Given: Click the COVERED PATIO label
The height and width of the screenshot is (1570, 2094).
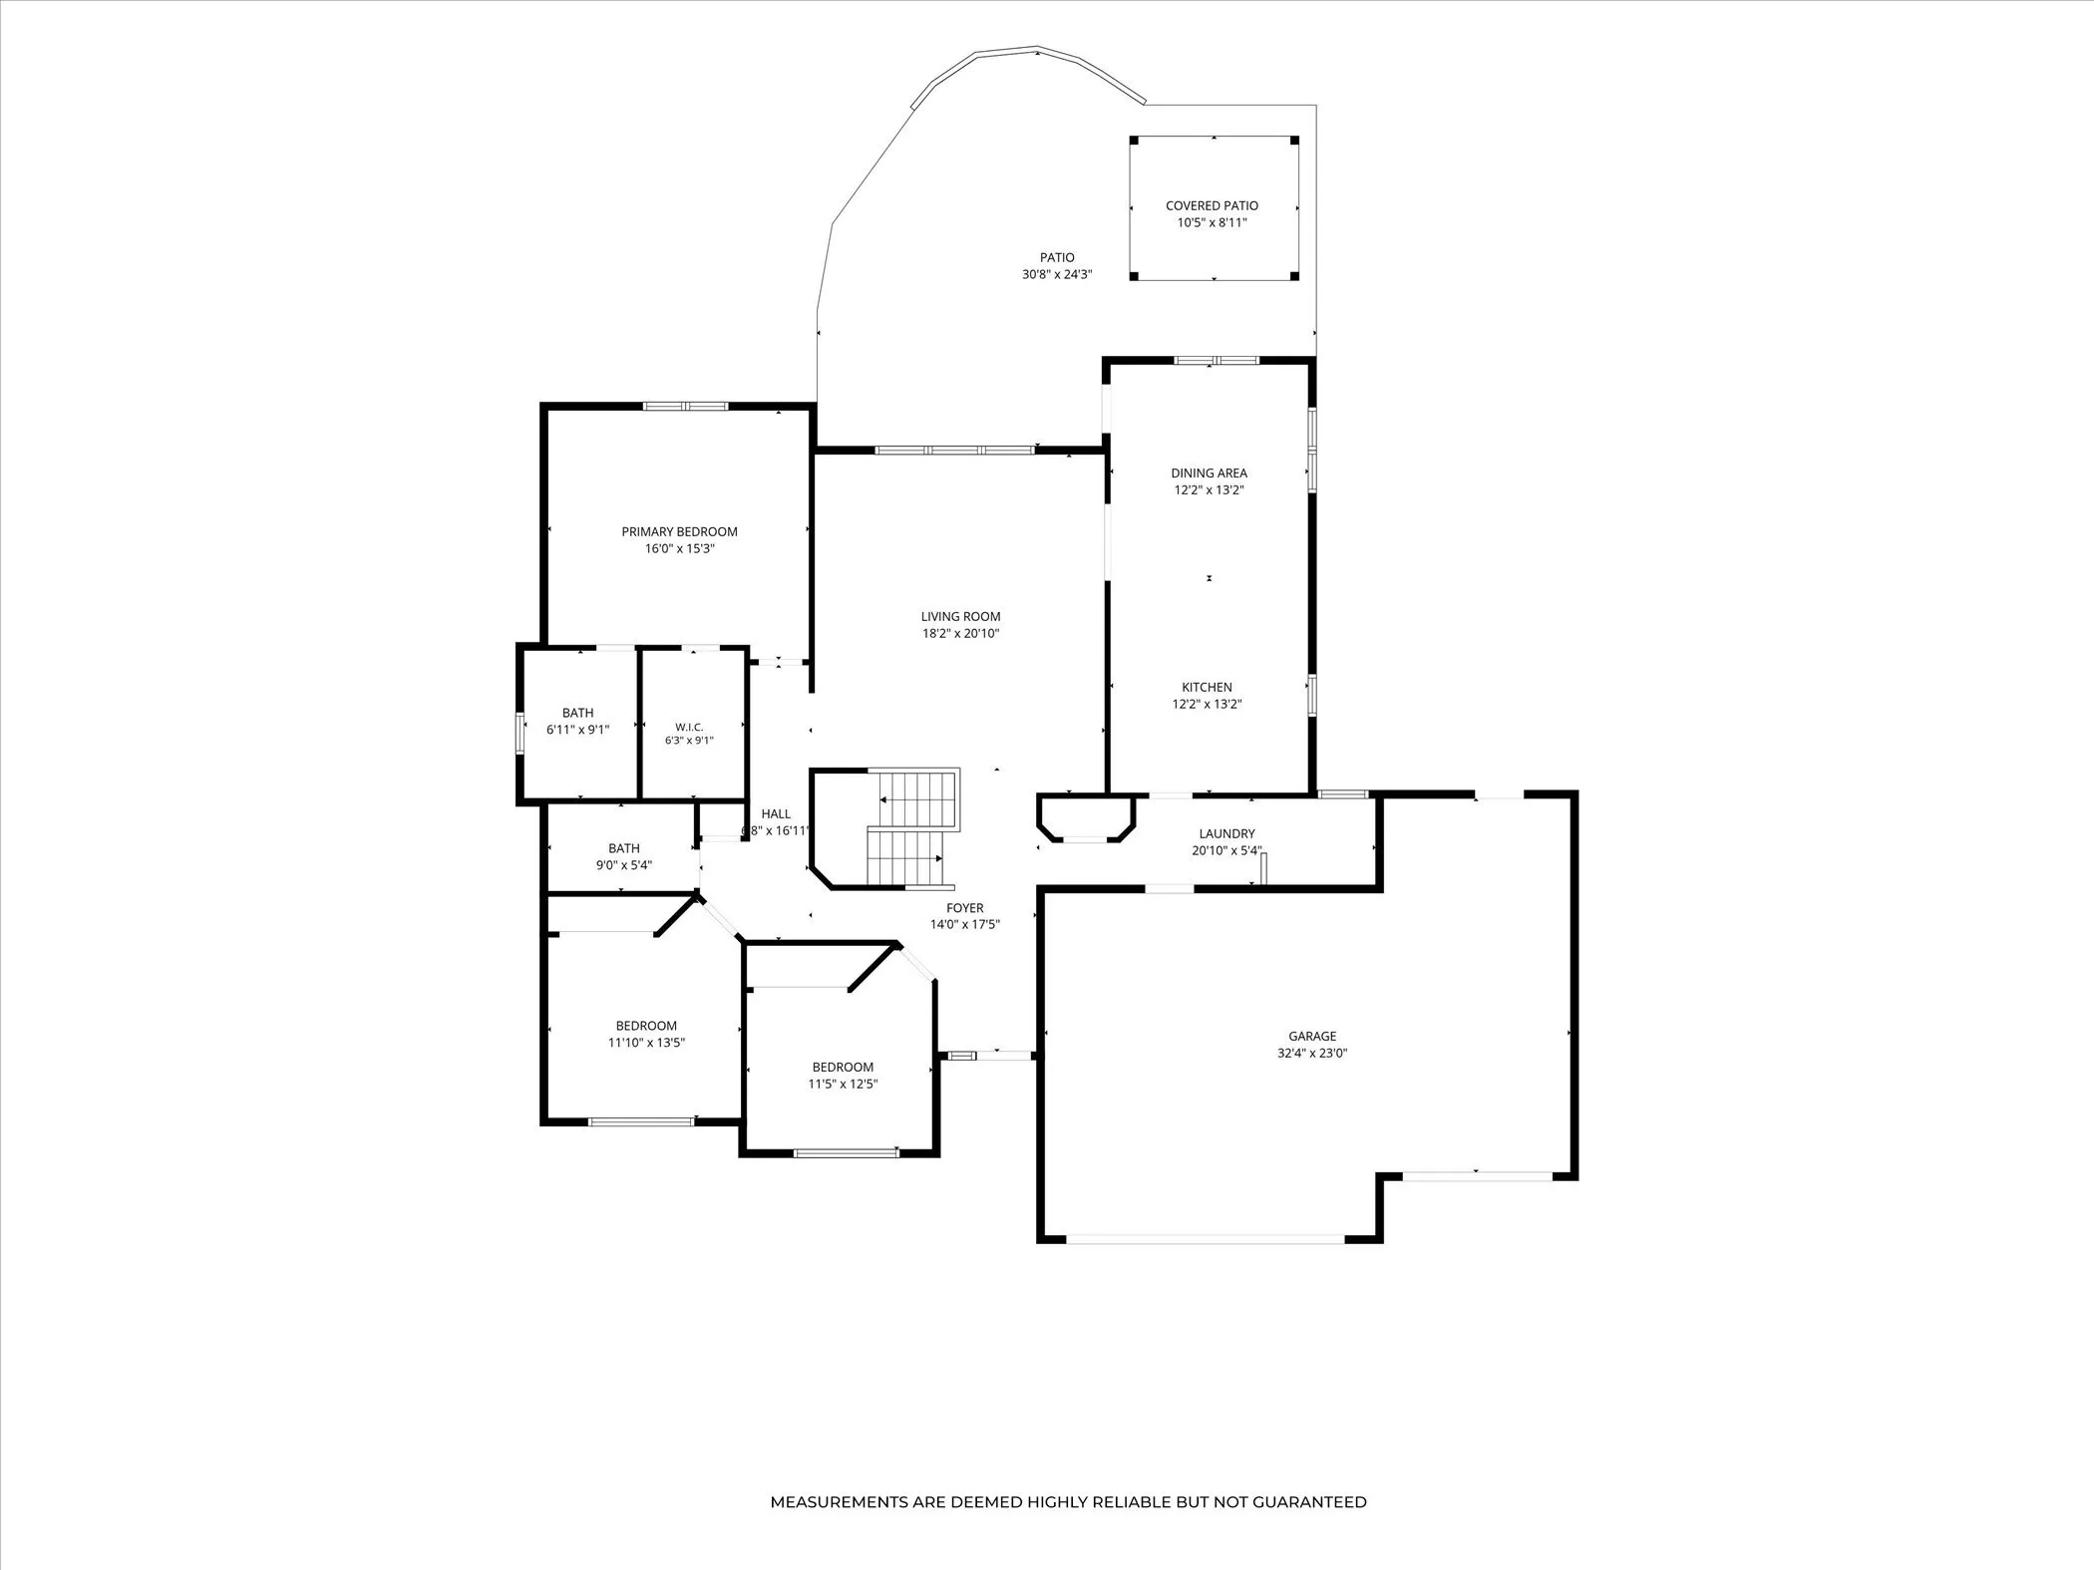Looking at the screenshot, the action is pyautogui.click(x=1212, y=206).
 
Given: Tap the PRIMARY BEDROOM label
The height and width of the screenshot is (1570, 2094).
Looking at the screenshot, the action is pyautogui.click(x=679, y=532).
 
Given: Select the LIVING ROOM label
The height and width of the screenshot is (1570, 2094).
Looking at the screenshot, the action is pyautogui.click(x=960, y=617).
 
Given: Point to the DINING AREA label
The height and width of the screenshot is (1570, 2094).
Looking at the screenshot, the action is pyautogui.click(x=1209, y=473).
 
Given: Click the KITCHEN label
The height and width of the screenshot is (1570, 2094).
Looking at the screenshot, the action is pyautogui.click(x=1207, y=688).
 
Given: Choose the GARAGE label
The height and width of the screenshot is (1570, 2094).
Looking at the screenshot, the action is pyautogui.click(x=1312, y=1037).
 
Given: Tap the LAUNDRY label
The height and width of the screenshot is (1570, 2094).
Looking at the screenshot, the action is pyautogui.click(x=1226, y=834).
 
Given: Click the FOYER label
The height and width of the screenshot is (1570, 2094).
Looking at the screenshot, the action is pyautogui.click(x=964, y=908).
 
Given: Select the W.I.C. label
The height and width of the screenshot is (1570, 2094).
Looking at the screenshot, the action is pyautogui.click(x=689, y=728).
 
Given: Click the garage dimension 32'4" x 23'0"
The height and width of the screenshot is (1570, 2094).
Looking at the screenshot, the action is pyautogui.click(x=1312, y=1053).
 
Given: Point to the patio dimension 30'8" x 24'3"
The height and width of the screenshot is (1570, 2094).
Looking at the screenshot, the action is pyautogui.click(x=1057, y=274).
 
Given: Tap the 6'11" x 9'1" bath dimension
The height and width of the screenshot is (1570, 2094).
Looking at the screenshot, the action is pyautogui.click(x=577, y=730).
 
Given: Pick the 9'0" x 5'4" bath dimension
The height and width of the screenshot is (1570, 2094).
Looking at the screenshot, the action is pyautogui.click(x=624, y=865).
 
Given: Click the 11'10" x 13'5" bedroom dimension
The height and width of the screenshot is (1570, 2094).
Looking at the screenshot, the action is pyautogui.click(x=646, y=1043).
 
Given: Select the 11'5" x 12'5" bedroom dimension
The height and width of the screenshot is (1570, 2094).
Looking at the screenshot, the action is pyautogui.click(x=843, y=1084).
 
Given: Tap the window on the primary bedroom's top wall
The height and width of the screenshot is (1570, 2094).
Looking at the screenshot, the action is pyautogui.click(x=685, y=406).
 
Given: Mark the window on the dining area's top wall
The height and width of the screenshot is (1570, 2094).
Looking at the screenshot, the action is pyautogui.click(x=1216, y=360).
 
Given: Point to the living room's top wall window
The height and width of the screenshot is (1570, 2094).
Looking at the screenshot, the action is pyautogui.click(x=954, y=451).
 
